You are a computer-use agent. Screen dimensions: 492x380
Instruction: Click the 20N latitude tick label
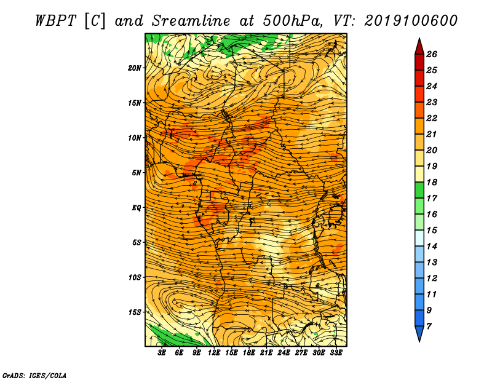[x=135, y=68]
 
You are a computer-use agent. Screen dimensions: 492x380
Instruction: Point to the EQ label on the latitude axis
[x=136, y=207]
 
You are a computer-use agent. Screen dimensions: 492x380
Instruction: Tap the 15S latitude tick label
[x=135, y=312]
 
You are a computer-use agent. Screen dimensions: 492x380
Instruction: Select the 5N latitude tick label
[x=137, y=173]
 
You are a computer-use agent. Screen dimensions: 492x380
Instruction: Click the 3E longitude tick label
[x=162, y=353]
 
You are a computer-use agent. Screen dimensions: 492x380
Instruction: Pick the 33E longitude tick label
[x=336, y=353]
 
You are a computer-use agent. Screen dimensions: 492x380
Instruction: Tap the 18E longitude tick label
[x=249, y=353]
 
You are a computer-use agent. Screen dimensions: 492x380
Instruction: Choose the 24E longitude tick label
[x=284, y=353]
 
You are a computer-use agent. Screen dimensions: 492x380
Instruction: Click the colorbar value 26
[x=432, y=54]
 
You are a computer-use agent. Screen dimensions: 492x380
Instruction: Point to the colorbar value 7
[x=429, y=327]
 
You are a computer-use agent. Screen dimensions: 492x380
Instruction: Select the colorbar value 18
[x=432, y=182]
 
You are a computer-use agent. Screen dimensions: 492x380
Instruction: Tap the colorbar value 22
[x=432, y=118]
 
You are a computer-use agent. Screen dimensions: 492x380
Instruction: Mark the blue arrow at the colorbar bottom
[x=419, y=333]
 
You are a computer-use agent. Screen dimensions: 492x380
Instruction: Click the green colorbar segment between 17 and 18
[x=419, y=190]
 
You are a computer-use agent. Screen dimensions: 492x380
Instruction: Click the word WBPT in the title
[x=55, y=21]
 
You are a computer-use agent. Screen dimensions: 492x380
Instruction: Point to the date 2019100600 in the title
[x=411, y=21]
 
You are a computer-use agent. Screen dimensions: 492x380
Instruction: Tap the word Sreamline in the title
[x=191, y=21]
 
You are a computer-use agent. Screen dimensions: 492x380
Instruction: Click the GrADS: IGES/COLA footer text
[x=34, y=375]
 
